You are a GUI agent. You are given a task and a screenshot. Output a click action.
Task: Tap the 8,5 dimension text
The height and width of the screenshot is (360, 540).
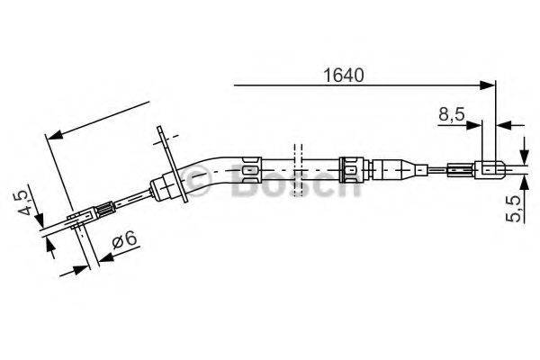(x=451, y=115)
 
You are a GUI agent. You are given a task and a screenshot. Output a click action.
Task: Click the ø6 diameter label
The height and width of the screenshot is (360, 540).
(x=124, y=241)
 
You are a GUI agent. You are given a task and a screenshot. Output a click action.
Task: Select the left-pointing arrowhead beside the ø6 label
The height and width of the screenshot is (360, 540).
(x=102, y=257)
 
